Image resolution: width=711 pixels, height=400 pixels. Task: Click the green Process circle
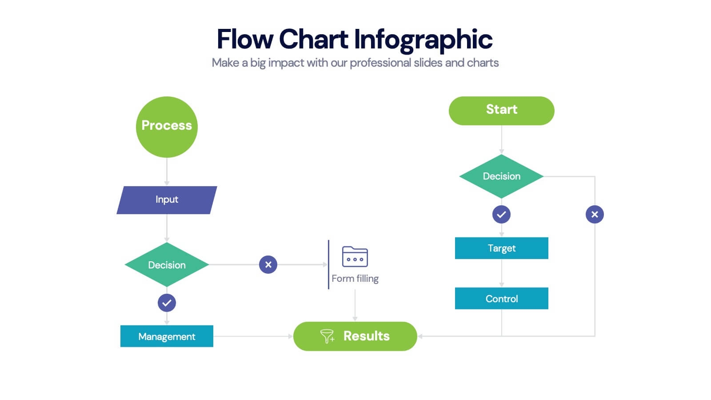pos(167,127)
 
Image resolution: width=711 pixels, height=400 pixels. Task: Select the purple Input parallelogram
pos(167,200)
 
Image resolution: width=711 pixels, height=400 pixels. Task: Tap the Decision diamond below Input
pos(167,265)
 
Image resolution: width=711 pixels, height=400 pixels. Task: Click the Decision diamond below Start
pos(501,176)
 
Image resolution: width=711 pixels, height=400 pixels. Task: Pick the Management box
pos(167,336)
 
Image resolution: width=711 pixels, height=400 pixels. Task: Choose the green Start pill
pos(501,110)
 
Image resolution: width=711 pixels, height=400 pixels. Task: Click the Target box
pos(501,248)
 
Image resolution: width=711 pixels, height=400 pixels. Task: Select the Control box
pos(501,299)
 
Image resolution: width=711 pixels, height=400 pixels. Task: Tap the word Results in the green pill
pos(366,336)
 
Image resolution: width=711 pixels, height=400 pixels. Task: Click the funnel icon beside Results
pos(327,336)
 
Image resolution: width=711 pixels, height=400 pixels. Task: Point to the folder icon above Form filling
pos(355,256)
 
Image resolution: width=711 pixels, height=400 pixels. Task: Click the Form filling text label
pos(355,279)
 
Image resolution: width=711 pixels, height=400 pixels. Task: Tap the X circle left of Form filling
pos(268,264)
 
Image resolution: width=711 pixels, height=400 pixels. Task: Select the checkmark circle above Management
pos(167,303)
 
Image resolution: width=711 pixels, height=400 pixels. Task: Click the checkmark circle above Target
pos(501,215)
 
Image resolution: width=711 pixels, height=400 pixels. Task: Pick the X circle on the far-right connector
pos(595,215)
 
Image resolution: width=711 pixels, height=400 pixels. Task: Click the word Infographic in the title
pos(423,40)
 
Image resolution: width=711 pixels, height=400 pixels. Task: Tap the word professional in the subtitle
pos(380,63)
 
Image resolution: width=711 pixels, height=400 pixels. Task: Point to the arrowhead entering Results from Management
pos(290,336)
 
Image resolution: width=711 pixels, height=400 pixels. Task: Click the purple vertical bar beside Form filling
pos(328,264)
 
